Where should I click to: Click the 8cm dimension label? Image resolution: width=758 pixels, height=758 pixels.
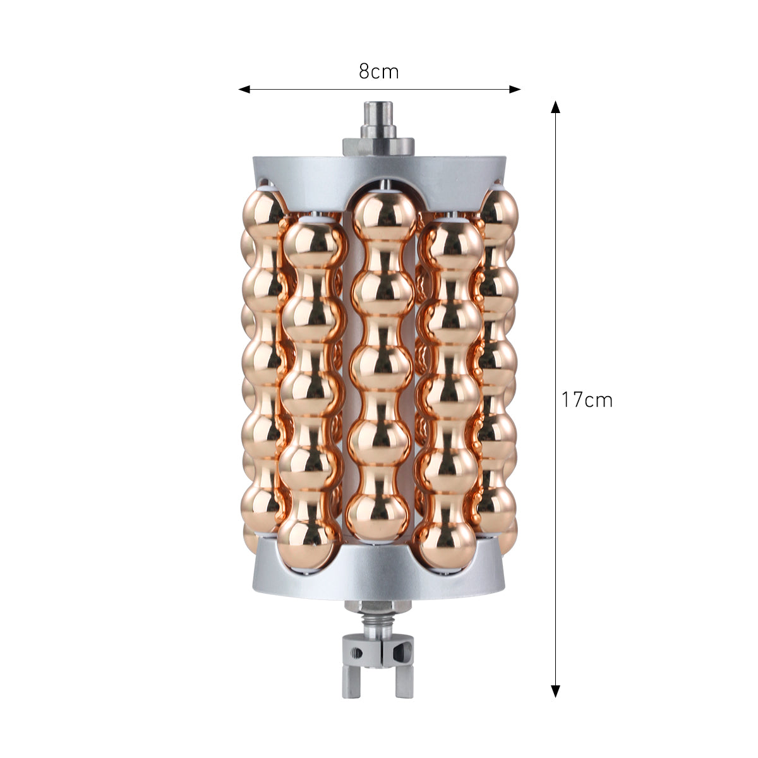pos(378,71)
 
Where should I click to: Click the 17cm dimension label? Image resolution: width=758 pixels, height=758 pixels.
pos(587,400)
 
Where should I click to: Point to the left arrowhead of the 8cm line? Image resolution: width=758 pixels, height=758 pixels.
pos(244,89)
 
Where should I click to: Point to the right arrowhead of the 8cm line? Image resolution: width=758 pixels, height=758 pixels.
pos(515,89)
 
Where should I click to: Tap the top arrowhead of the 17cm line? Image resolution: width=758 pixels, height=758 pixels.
pos(555,107)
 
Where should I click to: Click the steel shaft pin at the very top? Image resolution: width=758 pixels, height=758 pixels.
pos(378,119)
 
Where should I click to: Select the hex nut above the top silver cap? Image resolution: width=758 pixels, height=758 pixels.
pos(378,147)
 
